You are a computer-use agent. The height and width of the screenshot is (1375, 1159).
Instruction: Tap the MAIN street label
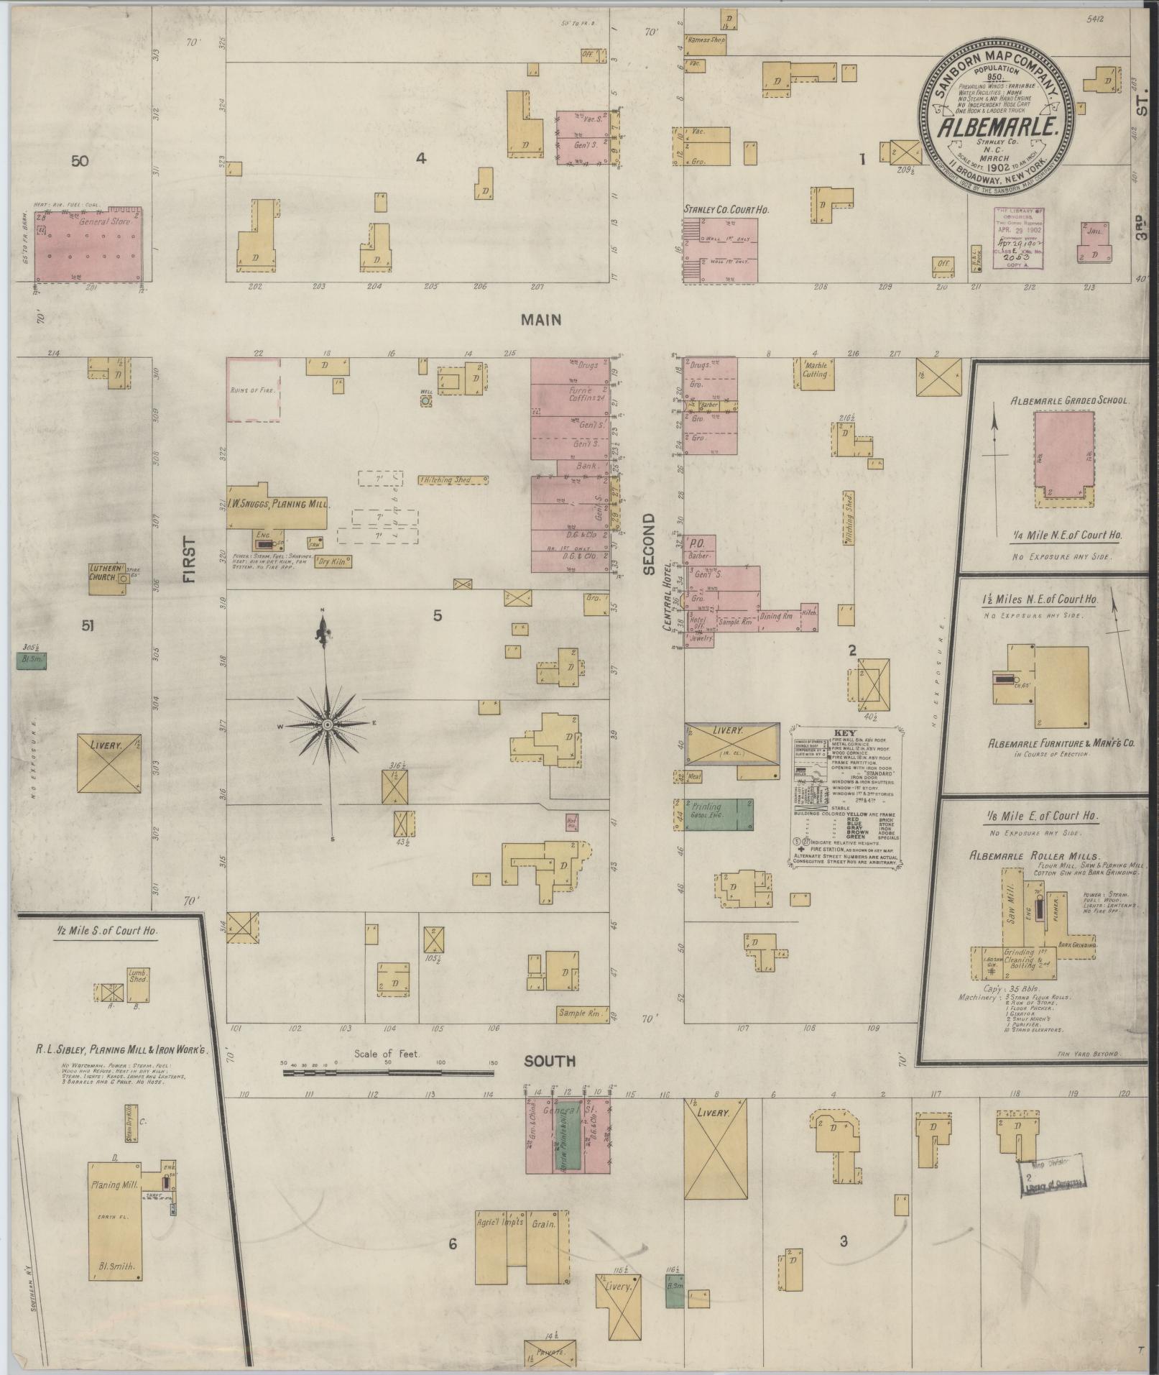(x=542, y=321)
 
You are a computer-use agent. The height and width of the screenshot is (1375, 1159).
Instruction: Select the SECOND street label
(x=650, y=544)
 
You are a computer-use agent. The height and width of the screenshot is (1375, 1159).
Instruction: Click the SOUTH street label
(x=550, y=1061)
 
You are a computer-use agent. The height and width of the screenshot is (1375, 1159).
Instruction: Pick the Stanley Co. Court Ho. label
(x=726, y=210)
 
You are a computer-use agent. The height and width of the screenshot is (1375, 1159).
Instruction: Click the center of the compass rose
(x=327, y=725)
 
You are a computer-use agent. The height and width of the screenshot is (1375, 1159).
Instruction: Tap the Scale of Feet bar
(x=388, y=1073)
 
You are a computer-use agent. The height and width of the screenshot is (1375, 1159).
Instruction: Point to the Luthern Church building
(x=107, y=579)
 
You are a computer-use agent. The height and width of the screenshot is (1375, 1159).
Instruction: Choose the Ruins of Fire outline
(x=254, y=390)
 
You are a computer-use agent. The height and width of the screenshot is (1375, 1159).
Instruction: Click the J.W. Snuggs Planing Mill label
(x=276, y=504)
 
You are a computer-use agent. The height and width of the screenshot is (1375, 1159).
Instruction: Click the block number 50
(x=80, y=161)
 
